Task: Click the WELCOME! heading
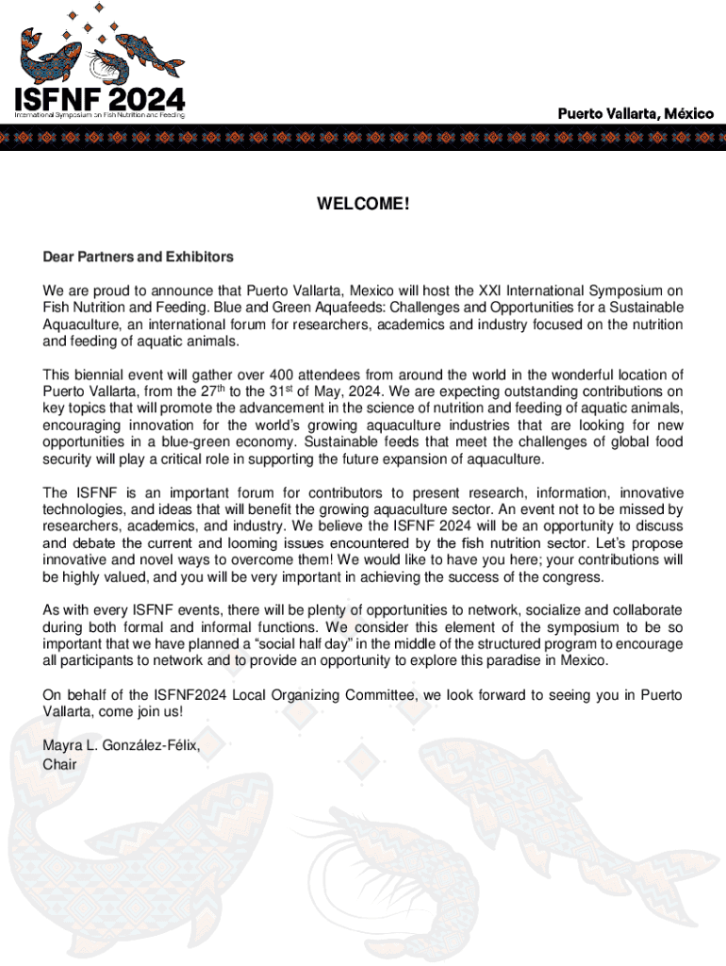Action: click(363, 203)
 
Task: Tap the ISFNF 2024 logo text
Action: click(98, 98)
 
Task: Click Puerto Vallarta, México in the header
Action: click(635, 113)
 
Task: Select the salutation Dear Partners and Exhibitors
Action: click(138, 257)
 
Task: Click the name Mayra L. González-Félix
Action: click(121, 746)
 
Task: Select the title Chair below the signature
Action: click(59, 763)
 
